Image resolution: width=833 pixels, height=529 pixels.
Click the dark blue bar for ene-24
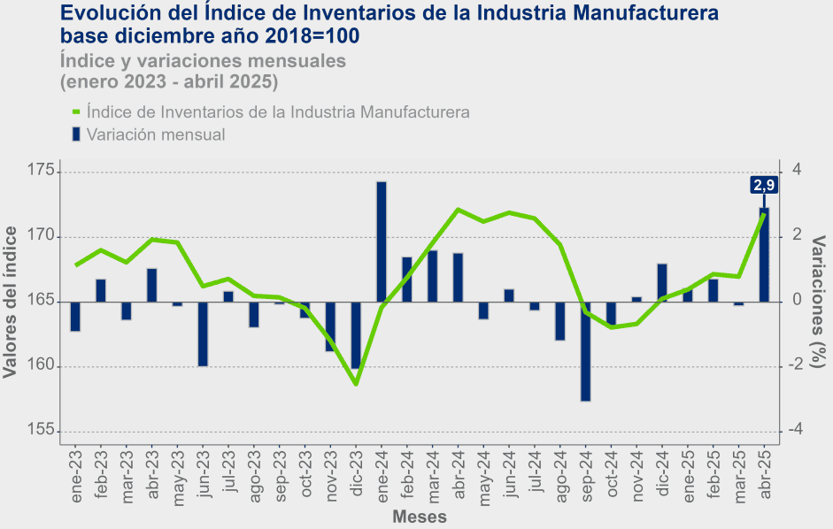(382, 241)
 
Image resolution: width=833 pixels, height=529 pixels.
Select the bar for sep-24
(586, 351)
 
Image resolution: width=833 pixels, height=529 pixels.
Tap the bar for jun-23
(203, 333)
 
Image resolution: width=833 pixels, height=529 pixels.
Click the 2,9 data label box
(764, 185)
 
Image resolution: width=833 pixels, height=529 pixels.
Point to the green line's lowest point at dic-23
(356, 384)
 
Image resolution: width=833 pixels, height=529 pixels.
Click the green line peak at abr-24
(458, 210)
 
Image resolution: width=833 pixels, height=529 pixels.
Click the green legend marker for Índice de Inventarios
(76, 112)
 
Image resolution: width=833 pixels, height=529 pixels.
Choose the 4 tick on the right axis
(797, 170)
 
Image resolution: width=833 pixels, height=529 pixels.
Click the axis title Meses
(419, 517)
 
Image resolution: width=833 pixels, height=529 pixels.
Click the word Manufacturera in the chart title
(642, 14)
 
